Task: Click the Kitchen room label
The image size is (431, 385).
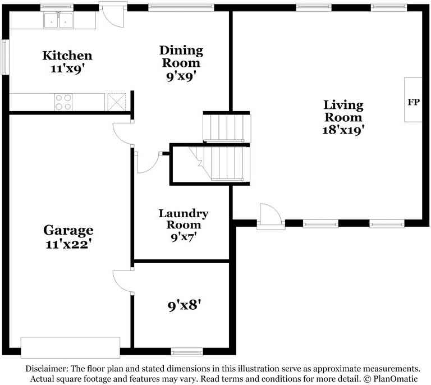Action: [67, 62]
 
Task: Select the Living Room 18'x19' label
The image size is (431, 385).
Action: [343, 117]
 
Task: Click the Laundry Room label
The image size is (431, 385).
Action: [184, 225]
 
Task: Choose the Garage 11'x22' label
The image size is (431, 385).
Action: [68, 237]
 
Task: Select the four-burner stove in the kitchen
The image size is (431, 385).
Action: [63, 102]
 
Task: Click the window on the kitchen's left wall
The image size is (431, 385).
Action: [4, 57]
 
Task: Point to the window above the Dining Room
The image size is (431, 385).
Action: [181, 7]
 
